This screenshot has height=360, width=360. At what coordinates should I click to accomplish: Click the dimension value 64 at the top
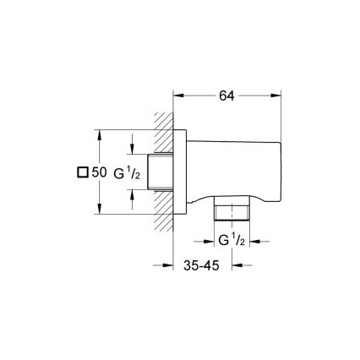(x=226, y=96)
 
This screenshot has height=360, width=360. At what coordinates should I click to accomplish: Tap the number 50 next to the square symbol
(x=100, y=172)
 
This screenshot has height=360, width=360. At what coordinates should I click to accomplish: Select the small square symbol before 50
(x=82, y=172)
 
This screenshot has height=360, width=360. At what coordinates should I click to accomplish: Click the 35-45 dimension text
(x=203, y=265)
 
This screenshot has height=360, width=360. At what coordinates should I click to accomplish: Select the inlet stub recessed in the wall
(x=162, y=172)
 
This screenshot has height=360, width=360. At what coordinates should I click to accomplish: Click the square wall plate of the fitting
(x=181, y=172)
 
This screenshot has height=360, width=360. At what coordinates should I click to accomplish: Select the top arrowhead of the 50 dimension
(x=101, y=134)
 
